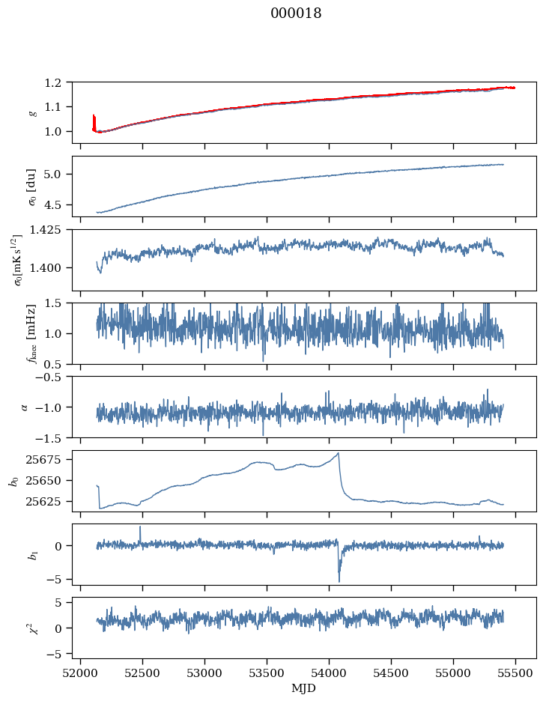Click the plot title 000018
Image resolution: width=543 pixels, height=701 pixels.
coord(296,13)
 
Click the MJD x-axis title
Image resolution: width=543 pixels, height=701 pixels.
coord(304,688)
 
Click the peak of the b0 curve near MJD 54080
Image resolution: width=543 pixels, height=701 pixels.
coord(339,453)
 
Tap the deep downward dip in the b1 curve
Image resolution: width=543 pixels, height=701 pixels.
coord(339,581)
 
